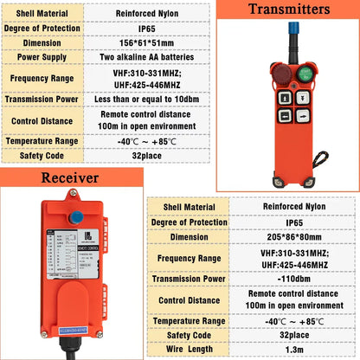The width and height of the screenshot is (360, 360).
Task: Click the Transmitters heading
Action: click(x=288, y=10)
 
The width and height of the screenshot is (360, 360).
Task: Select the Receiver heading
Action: click(x=65, y=177)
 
